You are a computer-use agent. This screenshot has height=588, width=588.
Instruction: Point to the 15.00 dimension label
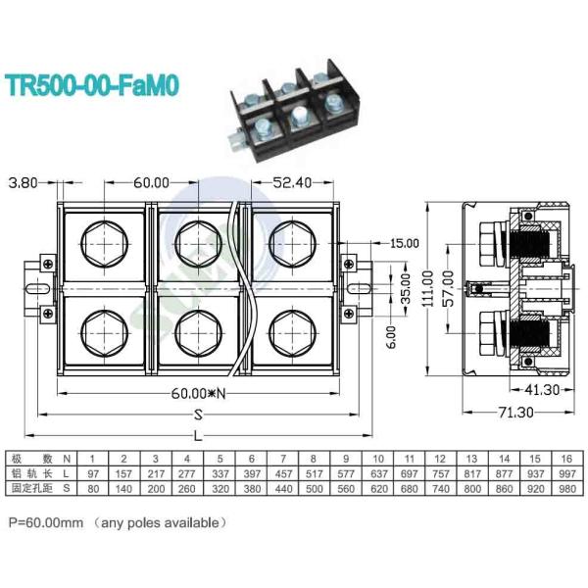click(405, 243)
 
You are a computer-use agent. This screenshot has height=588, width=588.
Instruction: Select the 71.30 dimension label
click(516, 414)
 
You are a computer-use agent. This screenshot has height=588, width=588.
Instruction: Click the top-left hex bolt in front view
click(105, 240)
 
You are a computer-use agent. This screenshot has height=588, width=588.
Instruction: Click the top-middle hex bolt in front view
click(197, 240)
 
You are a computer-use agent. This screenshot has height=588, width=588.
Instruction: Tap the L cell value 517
click(313, 471)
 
